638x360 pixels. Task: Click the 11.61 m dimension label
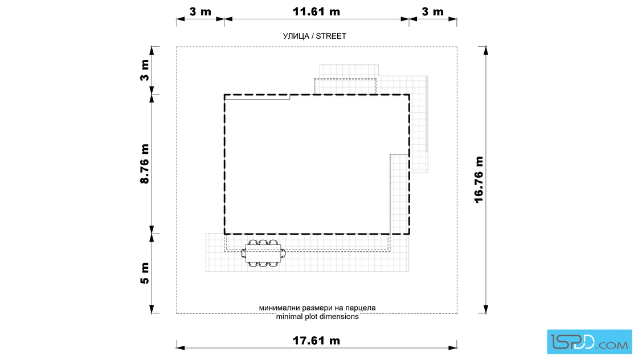[x=316, y=12]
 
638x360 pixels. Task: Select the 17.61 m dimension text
[x=316, y=341]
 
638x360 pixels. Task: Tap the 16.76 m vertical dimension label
[x=479, y=179]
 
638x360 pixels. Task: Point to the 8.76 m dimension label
[x=145, y=164]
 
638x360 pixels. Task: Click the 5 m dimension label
[x=145, y=273]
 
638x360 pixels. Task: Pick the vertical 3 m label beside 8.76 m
[x=145, y=70]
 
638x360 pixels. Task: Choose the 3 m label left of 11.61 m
[x=200, y=12]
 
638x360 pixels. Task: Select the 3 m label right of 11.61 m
[x=432, y=12]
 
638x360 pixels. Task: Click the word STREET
[x=331, y=36]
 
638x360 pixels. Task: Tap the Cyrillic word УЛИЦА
[x=296, y=36]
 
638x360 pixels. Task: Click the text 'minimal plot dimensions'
[x=317, y=317]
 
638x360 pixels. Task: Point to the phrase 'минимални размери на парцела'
[x=317, y=308]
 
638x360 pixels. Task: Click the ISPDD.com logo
[x=589, y=342]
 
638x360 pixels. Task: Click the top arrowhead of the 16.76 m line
[x=486, y=51]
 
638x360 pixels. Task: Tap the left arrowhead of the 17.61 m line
[x=181, y=348]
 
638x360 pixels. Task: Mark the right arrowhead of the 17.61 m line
[x=452, y=348]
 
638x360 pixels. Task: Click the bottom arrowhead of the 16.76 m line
[x=486, y=309]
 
